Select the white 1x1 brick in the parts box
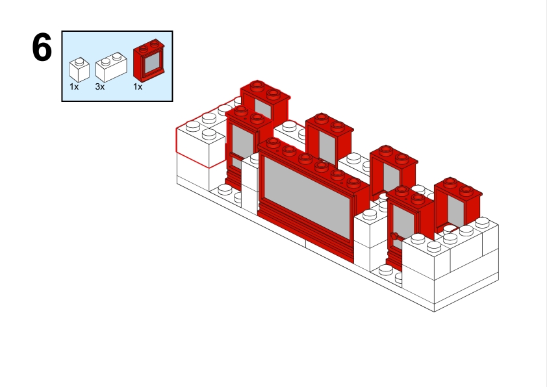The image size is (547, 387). pos(79,70)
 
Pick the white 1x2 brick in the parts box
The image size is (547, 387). pos(110,67)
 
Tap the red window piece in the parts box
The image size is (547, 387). pos(149,61)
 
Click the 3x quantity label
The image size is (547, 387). pos(100,86)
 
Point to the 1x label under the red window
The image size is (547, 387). pos(138,86)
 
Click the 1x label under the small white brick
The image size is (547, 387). pos(74,86)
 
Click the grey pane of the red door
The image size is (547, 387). pos(403,224)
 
